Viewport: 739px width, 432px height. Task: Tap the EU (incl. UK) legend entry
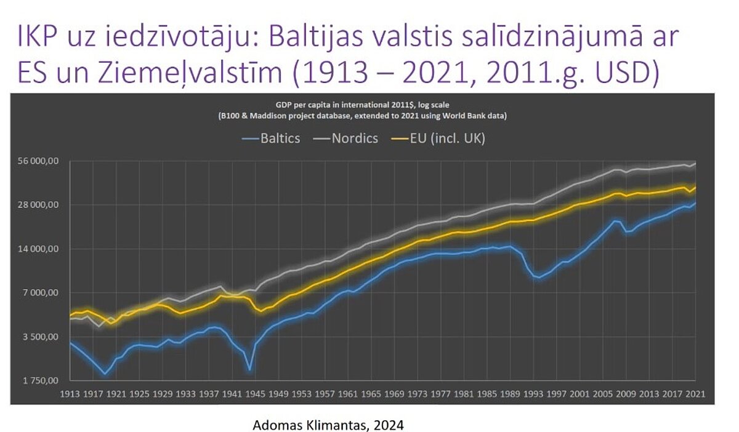441,138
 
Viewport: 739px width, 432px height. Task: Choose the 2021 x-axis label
695,393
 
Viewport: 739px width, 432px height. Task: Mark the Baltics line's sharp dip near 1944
249,369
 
